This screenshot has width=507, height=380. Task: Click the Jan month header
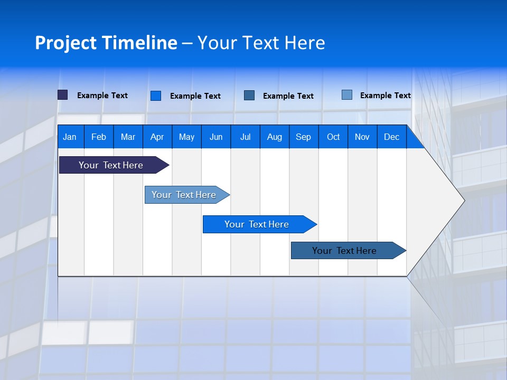[70, 137]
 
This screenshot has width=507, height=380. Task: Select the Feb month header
[99, 137]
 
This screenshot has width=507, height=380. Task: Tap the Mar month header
[128, 137]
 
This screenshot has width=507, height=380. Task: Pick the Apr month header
[157, 137]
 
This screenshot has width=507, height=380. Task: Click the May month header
[186, 137]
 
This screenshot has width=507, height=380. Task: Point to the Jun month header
[216, 137]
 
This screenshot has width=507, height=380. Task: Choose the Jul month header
[245, 137]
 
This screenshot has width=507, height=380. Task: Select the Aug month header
[275, 137]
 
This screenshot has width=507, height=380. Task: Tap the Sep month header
[304, 137]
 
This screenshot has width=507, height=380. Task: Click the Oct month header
[333, 137]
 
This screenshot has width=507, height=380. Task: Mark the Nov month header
[362, 137]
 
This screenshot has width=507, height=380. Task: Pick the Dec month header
[392, 137]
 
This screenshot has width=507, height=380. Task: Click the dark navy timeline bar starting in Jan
[111, 165]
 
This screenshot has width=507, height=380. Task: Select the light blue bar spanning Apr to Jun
[184, 195]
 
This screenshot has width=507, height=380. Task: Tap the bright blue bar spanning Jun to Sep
[257, 224]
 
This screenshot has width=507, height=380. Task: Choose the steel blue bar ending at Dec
[344, 251]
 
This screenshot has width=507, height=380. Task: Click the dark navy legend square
[63, 95]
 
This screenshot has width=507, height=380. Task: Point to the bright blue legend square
[156, 96]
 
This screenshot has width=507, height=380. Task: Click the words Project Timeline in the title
[106, 43]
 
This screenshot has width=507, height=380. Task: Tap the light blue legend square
[347, 95]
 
